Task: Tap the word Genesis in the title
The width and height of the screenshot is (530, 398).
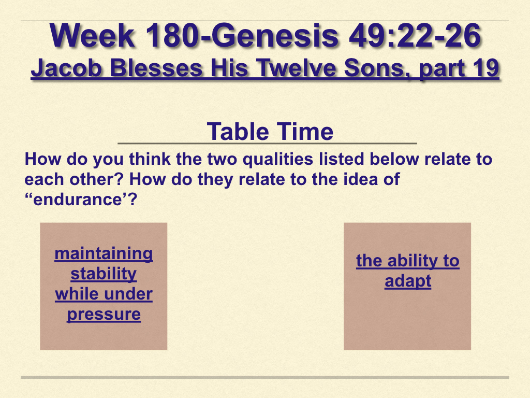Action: pyautogui.click(x=275, y=36)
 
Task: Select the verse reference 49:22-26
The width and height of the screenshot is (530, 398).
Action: pyautogui.click(x=415, y=36)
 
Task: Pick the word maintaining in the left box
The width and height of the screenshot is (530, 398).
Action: pyautogui.click(x=104, y=253)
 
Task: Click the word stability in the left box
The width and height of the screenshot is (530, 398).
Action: pyautogui.click(x=104, y=274)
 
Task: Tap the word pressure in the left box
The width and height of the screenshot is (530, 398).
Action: pyautogui.click(x=104, y=315)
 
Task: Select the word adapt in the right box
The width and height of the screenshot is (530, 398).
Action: pyautogui.click(x=408, y=281)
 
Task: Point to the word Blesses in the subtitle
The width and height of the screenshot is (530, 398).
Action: pyautogui.click(x=156, y=68)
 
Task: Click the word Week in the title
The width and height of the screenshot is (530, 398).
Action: pyautogui.click(x=92, y=36)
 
